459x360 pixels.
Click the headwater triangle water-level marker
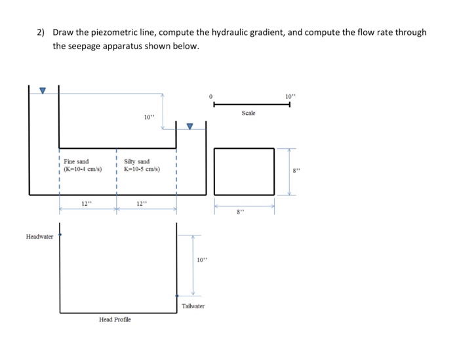pos(43,90)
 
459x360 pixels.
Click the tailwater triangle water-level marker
pos(191,127)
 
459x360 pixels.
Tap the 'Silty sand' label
pos(136,161)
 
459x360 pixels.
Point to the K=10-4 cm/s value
pos(78,169)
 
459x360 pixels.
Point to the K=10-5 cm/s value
pos(139,169)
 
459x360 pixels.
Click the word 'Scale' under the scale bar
pos(249,113)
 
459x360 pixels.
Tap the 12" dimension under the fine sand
pos(86,204)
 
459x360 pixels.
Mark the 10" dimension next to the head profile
pos(201,260)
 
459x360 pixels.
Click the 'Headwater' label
pos(40,236)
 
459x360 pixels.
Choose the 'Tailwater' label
pos(193,306)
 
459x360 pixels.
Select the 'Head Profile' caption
pos(115,319)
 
